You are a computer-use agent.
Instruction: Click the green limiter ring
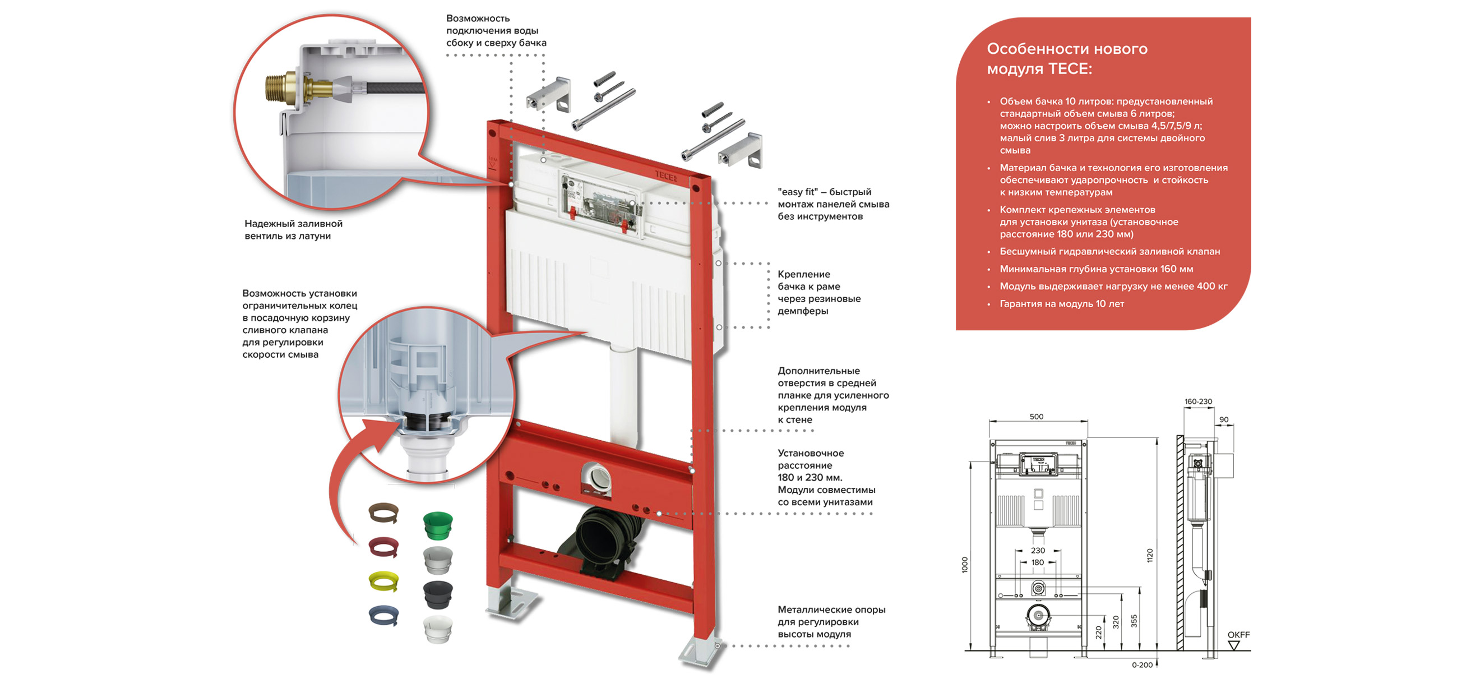(438, 525)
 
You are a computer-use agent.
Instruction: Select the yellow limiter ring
(384, 582)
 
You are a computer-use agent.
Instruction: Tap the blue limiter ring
(384, 615)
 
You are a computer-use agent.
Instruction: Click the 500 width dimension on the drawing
(1037, 417)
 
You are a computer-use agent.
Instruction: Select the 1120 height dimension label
(1150, 555)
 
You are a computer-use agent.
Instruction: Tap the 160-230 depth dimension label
(1198, 402)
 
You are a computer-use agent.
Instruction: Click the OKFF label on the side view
(1238, 635)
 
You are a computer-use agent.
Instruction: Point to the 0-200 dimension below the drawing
(1141, 665)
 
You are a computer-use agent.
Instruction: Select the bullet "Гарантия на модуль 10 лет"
(1061, 304)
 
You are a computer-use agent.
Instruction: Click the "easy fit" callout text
(833, 204)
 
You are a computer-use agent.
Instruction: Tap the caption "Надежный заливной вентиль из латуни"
(293, 230)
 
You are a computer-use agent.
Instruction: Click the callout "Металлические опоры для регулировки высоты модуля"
(831, 621)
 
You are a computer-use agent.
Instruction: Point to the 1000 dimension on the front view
(965, 565)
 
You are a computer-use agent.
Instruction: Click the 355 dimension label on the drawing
(1134, 621)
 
